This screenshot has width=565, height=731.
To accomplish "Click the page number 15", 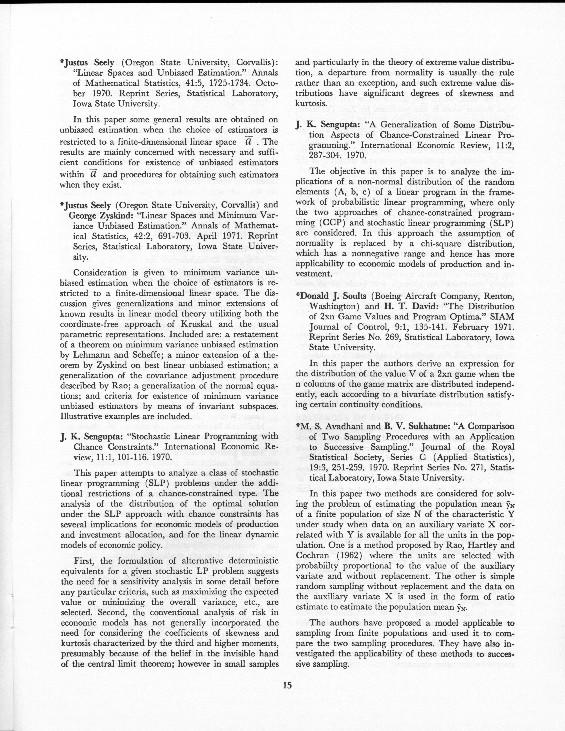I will click(287, 685).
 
